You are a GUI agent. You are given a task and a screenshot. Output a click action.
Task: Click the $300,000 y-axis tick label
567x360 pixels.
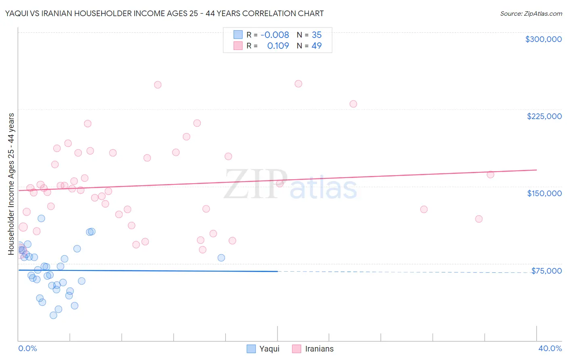pos(543,39)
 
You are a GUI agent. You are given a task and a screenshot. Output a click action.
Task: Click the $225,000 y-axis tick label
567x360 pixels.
pos(544,116)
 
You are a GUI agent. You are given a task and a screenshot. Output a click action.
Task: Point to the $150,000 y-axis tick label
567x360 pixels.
pos(544,193)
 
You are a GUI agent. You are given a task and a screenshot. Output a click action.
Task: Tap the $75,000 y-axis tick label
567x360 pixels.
pos(546,271)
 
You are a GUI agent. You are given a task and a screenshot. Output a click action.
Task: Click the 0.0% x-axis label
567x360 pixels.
pos(27,348)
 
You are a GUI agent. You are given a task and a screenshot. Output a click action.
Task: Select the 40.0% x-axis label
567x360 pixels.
pos(550,348)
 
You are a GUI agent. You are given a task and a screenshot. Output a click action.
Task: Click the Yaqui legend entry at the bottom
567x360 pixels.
pos(269,349)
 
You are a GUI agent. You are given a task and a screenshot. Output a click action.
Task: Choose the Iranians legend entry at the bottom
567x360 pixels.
pos(319,349)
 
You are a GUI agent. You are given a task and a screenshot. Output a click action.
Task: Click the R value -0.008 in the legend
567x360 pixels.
pos(275,35)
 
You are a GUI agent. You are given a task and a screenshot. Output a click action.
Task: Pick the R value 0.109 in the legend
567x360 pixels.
pos(278,46)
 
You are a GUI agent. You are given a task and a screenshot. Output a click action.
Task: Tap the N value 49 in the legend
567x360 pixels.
pos(317,46)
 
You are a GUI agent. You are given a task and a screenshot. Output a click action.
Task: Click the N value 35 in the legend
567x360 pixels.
pos(317,35)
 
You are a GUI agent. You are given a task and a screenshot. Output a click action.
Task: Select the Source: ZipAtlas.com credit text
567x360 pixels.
pos(531,14)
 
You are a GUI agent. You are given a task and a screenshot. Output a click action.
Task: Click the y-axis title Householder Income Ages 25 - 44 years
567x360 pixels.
pos(11,184)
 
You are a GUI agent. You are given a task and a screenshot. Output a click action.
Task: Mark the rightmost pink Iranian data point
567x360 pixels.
pos(490,174)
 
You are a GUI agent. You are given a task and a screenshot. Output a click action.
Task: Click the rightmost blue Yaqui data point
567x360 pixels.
pos(221,258)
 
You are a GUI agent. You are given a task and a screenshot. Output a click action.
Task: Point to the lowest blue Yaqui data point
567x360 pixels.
pos(53,315)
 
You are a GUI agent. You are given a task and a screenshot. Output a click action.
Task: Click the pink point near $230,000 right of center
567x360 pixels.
pos(353,104)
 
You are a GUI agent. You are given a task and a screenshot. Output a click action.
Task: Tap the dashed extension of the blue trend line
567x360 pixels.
pos(403,272)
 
